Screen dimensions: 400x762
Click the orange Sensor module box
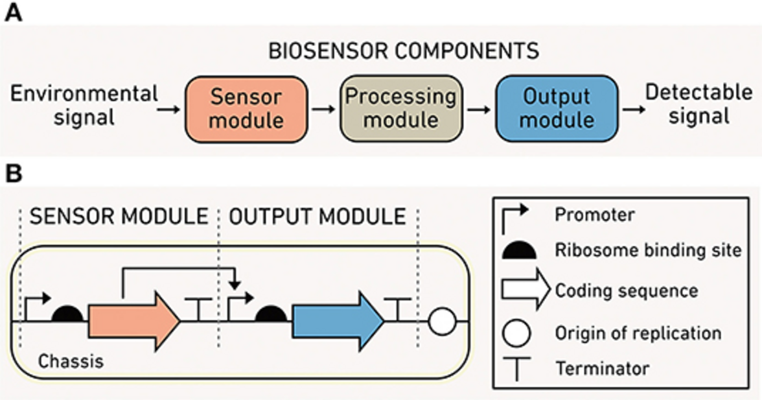(245, 108)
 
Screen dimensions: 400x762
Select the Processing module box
(400, 108)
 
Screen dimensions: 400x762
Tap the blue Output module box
(557, 108)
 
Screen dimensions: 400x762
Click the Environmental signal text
(84, 105)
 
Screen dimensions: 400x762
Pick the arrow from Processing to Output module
(478, 109)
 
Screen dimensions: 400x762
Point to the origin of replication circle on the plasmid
(443, 321)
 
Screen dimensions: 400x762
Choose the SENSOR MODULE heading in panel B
(119, 216)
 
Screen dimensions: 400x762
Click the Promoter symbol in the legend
(514, 217)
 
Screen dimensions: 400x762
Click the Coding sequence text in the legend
(626, 290)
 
